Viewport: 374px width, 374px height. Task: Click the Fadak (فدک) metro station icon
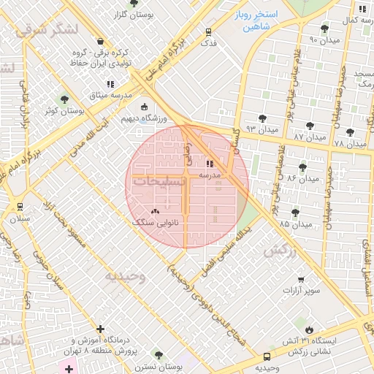click(x=210, y=32)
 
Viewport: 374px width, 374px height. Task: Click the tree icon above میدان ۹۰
click(x=324, y=28)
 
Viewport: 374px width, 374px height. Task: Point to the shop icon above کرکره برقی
click(x=100, y=42)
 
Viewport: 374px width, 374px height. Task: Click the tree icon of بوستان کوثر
click(x=64, y=99)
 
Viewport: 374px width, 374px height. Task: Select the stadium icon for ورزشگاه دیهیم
click(x=143, y=107)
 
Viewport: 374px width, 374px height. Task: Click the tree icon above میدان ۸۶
click(x=302, y=167)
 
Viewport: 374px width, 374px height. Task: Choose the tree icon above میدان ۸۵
click(x=295, y=213)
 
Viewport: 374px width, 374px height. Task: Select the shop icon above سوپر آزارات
click(x=304, y=278)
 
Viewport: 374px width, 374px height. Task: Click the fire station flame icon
click(x=310, y=329)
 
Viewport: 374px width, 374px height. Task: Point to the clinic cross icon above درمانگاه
click(x=100, y=329)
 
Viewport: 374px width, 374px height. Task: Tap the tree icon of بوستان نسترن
click(x=159, y=355)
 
